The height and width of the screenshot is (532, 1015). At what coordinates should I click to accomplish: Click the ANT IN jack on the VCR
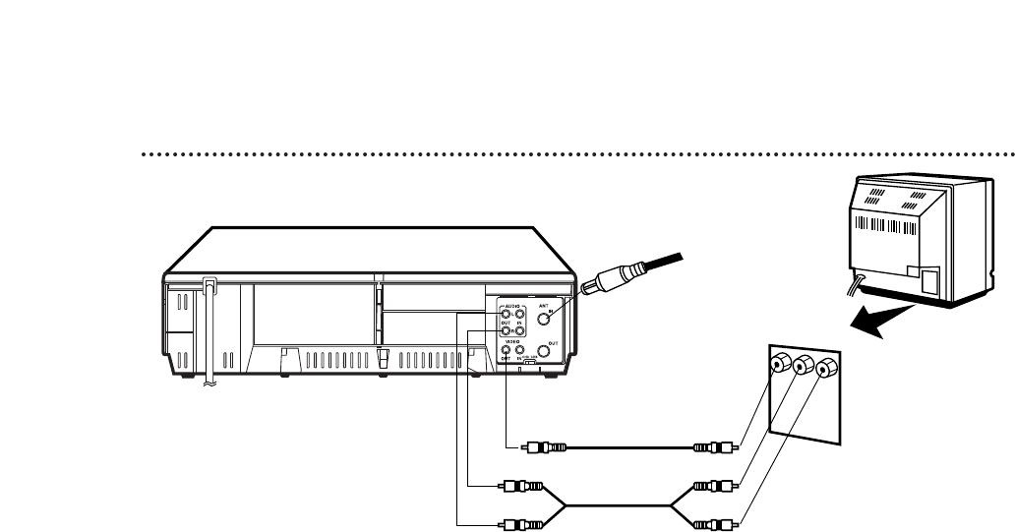[542, 319]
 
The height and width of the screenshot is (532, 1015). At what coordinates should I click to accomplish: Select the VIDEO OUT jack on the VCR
[506, 350]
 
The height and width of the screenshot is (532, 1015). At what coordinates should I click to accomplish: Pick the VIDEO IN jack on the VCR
[520, 350]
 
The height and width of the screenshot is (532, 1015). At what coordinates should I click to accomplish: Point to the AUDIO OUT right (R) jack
[506, 331]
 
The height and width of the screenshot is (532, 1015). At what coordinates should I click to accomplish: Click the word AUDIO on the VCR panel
[512, 306]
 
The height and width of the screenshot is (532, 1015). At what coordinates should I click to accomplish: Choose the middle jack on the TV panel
[805, 366]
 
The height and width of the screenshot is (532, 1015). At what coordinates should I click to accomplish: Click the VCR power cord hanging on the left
[209, 334]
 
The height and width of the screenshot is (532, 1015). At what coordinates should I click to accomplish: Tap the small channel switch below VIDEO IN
[530, 364]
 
